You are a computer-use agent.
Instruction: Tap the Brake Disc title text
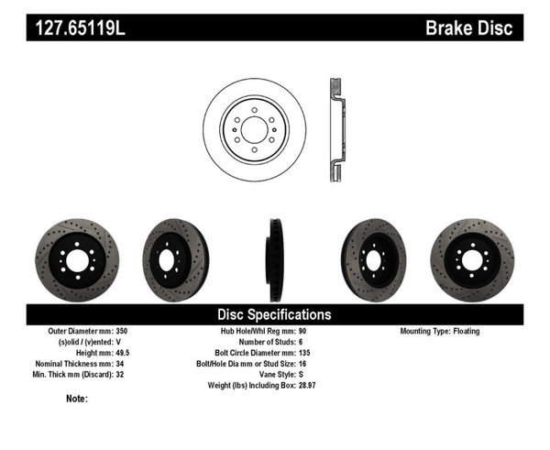[x=468, y=27]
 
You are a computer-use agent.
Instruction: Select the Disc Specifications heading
[x=274, y=314]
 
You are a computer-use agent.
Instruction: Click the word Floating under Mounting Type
[x=464, y=331]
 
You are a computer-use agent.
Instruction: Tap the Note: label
[x=77, y=400]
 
